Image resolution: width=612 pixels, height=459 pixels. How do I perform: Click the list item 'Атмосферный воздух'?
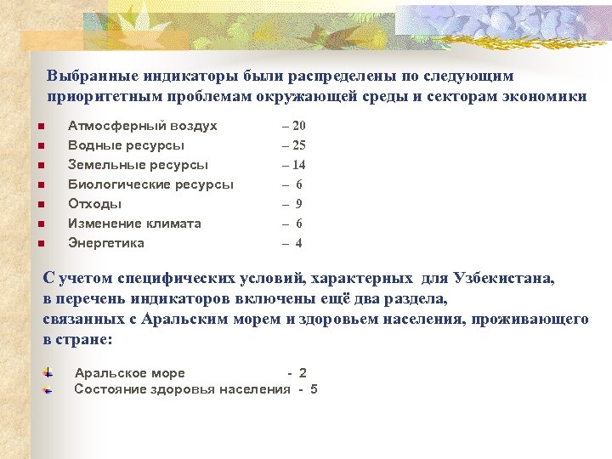tap(142, 126)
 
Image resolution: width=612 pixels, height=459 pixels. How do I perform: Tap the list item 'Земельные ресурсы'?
tap(138, 165)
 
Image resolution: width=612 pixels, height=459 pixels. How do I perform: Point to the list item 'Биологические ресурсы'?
tap(150, 184)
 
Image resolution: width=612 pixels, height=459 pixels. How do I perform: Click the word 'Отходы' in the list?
tap(94, 204)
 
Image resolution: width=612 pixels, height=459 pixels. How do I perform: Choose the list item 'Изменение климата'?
tap(134, 224)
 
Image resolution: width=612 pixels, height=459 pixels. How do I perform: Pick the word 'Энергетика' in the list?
tap(106, 243)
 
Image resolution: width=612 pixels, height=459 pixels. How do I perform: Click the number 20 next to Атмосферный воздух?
tap(298, 126)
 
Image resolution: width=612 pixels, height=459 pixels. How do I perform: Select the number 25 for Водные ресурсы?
tap(298, 145)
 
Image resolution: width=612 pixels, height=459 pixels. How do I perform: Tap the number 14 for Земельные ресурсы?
tap(298, 165)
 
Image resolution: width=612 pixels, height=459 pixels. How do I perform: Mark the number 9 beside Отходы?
tap(298, 204)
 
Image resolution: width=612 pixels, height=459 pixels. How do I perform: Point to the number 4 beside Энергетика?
tap(298, 243)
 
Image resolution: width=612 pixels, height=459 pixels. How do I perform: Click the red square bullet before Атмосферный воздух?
tap(40, 127)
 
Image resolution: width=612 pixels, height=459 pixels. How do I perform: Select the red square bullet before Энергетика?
tap(40, 245)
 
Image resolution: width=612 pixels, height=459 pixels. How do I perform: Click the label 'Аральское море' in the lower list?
tap(129, 373)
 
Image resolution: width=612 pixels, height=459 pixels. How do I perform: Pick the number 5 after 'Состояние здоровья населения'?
tap(314, 389)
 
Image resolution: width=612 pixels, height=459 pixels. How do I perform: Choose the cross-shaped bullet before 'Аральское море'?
tap(48, 372)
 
